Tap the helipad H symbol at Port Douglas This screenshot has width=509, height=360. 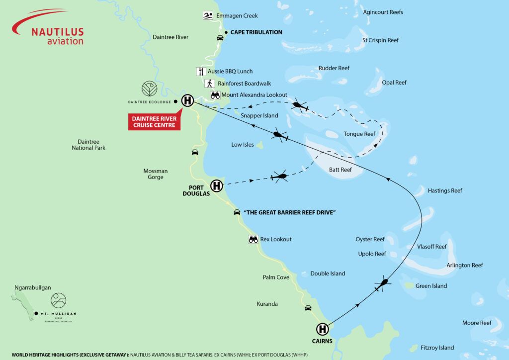pyautogui.click(x=216, y=186)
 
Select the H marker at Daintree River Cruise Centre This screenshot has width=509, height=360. pyautogui.click(x=187, y=100)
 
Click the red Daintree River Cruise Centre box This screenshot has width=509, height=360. pyautogui.click(x=155, y=122)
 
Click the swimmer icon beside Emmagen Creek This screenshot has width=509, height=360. pyautogui.click(x=207, y=16)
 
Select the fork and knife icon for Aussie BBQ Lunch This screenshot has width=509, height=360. pyautogui.click(x=201, y=71)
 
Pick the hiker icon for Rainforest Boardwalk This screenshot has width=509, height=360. pyautogui.click(x=210, y=84)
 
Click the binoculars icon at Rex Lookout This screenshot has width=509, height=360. pyautogui.click(x=253, y=239)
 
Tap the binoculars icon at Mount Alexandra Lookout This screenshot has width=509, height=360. pyautogui.click(x=215, y=94)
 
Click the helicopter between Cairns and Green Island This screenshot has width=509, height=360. pyautogui.click(x=382, y=284)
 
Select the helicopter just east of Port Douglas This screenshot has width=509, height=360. pyautogui.click(x=279, y=177)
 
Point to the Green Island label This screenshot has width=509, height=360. pyautogui.click(x=431, y=286)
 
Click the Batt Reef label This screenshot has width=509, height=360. pyautogui.click(x=340, y=170)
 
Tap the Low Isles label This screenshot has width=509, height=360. pyautogui.click(x=243, y=145)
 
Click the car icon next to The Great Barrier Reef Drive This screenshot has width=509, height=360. pyautogui.click(x=237, y=212)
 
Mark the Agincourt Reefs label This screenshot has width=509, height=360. pyautogui.click(x=383, y=12)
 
